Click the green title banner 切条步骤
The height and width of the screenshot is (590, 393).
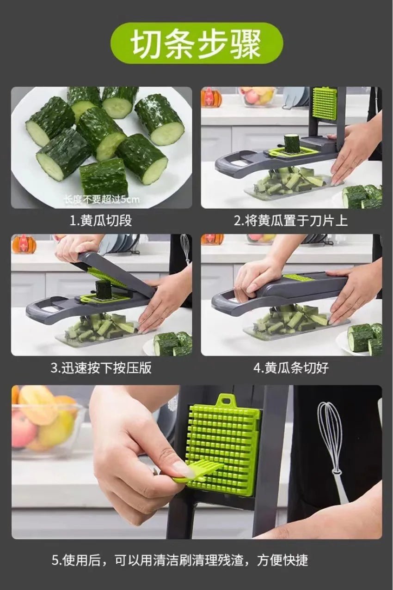point(196,43)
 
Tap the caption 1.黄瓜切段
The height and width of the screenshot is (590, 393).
point(101,221)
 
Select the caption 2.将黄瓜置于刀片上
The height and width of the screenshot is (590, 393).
point(290,221)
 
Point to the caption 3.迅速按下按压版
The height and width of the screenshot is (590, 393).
point(101,368)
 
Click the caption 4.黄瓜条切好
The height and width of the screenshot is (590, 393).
point(291,368)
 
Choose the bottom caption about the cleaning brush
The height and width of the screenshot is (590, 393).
point(179,560)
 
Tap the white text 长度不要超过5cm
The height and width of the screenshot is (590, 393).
point(102,200)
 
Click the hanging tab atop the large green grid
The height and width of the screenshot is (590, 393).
point(225,400)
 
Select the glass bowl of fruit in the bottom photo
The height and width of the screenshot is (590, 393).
point(44,422)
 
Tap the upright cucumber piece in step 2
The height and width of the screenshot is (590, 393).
point(291,143)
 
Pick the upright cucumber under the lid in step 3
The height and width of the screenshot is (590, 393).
point(104,289)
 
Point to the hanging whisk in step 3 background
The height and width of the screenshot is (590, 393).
point(185,247)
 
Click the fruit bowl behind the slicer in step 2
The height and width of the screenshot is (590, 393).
point(257,96)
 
